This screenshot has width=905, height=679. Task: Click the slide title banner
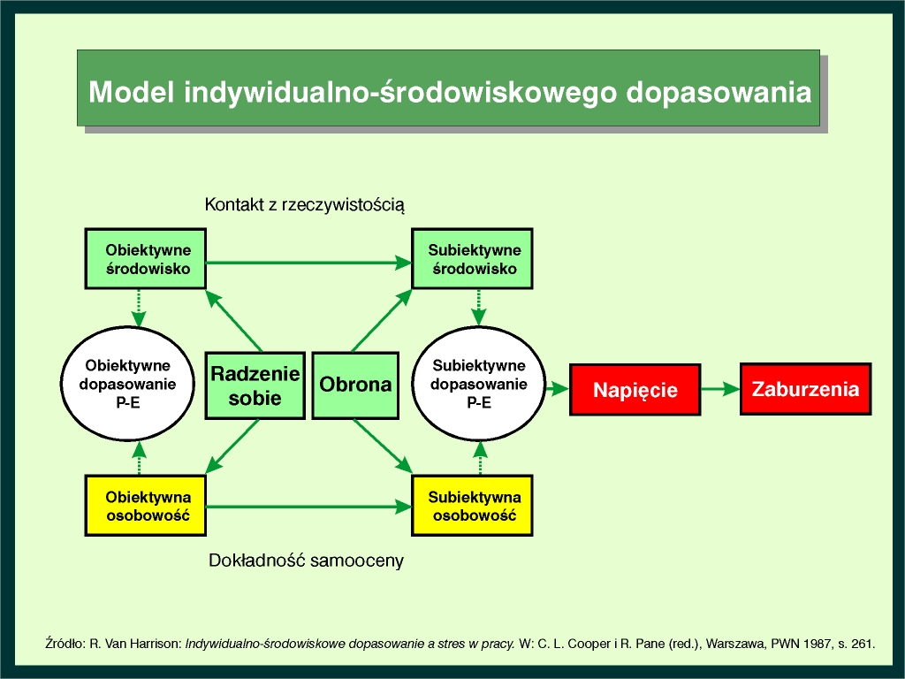coord(448,88)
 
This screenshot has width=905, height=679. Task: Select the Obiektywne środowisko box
coord(146,258)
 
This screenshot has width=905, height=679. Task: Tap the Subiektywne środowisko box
coord(472,258)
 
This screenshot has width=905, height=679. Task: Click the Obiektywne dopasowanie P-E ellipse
coord(127,384)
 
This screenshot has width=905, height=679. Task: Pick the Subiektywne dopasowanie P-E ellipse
coord(479,384)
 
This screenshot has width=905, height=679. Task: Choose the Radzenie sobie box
coord(255,385)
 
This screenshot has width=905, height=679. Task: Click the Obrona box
coord(355,385)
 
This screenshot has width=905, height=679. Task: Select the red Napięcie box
coord(635,390)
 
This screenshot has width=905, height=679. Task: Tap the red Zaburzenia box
coord(806,389)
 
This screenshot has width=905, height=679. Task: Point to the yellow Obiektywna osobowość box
coord(146,506)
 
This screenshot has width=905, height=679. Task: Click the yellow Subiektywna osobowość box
coord(472,506)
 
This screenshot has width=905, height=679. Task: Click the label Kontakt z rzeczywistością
coord(305,205)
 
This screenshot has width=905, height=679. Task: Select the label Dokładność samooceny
coord(306,561)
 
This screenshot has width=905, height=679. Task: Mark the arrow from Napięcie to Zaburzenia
coord(721,389)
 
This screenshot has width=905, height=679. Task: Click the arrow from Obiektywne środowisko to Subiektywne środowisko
coord(308,263)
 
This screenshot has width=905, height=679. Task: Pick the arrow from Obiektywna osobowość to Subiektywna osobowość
coord(308,507)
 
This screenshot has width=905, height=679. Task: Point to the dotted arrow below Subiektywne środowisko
coord(478,307)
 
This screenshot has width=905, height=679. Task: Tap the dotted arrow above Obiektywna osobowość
coord(139,458)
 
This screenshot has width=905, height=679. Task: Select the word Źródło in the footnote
coord(65,644)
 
